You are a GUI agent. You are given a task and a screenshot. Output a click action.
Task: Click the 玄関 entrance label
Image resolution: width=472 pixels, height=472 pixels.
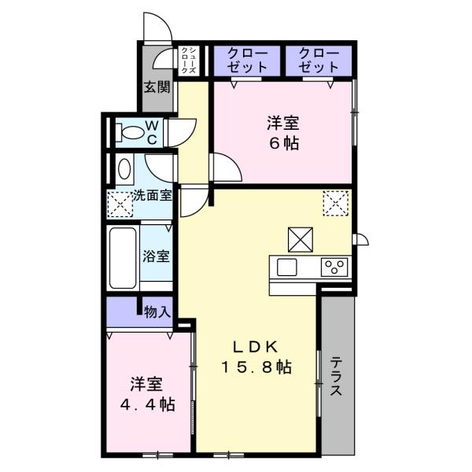click(x=157, y=87)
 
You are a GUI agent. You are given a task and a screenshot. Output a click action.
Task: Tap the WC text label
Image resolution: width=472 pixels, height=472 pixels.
click(x=153, y=132)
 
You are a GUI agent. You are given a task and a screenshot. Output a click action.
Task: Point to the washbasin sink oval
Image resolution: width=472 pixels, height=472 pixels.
click(x=124, y=169)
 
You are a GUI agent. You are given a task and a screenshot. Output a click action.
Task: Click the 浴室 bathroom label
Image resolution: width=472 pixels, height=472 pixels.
click(x=155, y=256)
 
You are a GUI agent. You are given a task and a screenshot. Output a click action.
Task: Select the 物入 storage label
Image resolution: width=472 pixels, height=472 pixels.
click(x=157, y=312)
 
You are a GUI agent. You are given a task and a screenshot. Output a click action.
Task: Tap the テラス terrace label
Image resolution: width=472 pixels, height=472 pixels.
click(x=337, y=378)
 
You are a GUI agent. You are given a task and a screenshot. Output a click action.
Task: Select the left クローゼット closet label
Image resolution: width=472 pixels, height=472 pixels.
click(x=248, y=61)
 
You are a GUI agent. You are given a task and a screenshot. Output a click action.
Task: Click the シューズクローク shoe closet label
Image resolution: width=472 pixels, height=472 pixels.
click(x=188, y=61)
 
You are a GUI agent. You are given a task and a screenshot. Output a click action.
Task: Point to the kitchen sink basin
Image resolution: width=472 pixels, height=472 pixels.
click(x=286, y=267)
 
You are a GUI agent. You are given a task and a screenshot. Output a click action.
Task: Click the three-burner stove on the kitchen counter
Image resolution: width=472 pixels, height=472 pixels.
click(x=334, y=267)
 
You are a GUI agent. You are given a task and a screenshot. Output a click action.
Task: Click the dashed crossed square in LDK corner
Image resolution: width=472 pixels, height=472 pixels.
click(x=334, y=204)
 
